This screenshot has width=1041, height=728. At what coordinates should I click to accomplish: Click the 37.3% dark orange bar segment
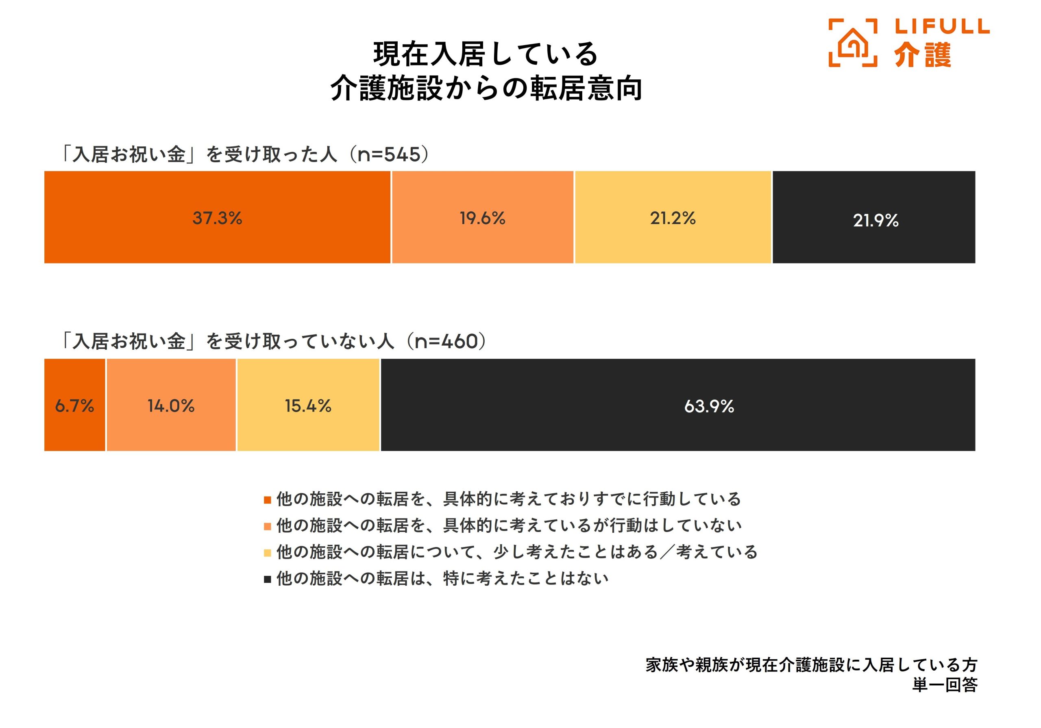click(217, 217)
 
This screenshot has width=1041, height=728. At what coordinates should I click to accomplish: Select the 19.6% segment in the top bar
click(482, 217)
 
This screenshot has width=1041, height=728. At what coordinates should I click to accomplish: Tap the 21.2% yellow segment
click(673, 217)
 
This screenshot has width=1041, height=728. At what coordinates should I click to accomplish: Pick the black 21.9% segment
click(874, 217)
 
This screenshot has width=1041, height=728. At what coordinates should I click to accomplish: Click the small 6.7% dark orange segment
click(75, 405)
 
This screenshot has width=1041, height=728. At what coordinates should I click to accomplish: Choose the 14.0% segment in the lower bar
click(171, 405)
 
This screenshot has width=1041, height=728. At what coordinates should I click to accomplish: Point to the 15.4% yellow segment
click(308, 405)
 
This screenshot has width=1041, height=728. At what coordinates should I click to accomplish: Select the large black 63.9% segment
click(678, 405)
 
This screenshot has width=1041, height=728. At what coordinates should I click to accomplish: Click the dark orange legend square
click(268, 500)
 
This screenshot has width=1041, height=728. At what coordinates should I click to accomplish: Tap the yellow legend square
click(268, 553)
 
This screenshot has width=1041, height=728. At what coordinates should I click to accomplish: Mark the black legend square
click(268, 579)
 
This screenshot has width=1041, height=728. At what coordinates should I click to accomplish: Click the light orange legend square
click(268, 527)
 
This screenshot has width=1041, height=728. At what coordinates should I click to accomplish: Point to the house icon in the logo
click(852, 43)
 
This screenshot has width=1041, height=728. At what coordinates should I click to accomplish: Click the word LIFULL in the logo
click(942, 26)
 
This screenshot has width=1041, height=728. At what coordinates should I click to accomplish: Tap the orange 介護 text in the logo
click(923, 55)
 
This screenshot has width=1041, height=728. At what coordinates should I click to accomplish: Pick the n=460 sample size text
click(446, 342)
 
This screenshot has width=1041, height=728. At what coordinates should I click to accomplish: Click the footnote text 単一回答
click(945, 685)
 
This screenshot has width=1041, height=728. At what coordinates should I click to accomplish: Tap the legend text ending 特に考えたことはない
click(442, 579)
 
